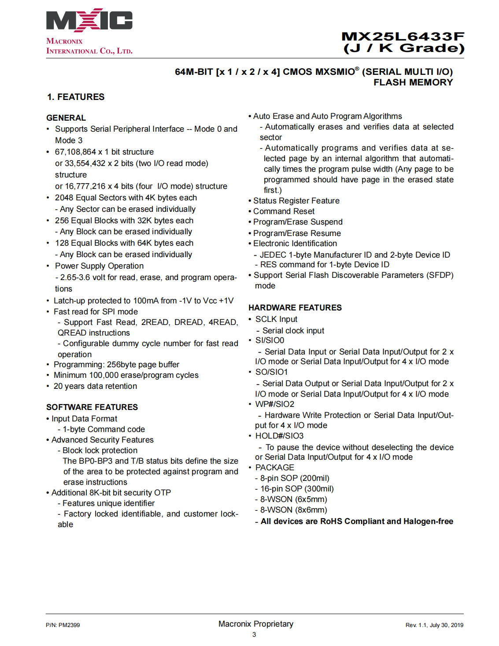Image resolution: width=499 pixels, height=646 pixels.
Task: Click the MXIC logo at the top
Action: pyautogui.click(x=89, y=20)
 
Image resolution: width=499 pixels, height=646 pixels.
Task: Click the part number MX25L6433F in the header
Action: pyautogui.click(x=403, y=37)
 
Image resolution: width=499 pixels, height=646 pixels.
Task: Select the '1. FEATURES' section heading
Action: pyautogui.click(x=76, y=97)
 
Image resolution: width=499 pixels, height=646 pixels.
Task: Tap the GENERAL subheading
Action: pyautogui.click(x=66, y=118)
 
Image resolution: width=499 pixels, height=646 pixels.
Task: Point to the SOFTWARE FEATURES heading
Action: pyautogui.click(x=92, y=407)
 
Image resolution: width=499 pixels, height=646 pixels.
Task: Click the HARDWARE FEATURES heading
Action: pyautogui.click(x=295, y=308)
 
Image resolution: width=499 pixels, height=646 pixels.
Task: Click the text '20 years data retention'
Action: pyautogui.click(x=95, y=386)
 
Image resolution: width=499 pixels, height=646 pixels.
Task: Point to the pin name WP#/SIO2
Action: pyautogui.click(x=275, y=404)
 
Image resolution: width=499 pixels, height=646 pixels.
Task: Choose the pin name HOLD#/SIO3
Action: pyautogui.click(x=279, y=436)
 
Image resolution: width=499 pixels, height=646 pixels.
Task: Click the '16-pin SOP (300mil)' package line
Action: pyautogui.click(x=297, y=489)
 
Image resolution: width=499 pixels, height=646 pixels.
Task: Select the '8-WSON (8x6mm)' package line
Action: pyautogui.click(x=293, y=510)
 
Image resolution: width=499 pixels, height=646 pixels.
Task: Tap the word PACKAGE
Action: pyautogui.click(x=275, y=468)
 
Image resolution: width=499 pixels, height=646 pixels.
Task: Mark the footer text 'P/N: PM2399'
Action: pyautogui.click(x=63, y=625)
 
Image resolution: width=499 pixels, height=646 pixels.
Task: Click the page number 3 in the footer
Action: pyautogui.click(x=254, y=635)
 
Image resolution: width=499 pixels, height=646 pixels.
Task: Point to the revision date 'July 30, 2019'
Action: pyautogui.click(x=447, y=625)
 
